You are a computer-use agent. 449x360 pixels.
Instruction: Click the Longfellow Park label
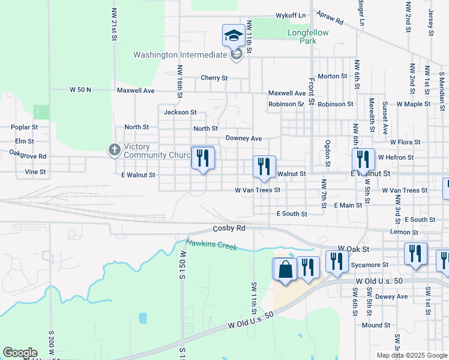tap(308, 37)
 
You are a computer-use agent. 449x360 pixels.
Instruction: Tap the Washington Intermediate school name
tap(180, 55)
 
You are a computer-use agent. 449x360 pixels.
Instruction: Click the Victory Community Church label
tap(158, 151)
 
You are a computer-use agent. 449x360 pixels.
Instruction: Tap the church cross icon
tap(114, 149)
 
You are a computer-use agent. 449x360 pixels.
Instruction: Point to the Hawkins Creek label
tap(212, 244)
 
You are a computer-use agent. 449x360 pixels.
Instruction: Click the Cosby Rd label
tap(229, 229)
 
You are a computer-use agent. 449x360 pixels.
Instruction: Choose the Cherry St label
tap(214, 78)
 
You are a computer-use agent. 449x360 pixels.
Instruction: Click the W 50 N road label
tap(80, 89)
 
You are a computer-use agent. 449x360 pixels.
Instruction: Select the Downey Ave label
tap(244, 139)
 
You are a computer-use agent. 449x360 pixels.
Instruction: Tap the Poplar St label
tap(25, 127)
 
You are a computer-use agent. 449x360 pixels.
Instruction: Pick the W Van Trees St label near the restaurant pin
tap(258, 190)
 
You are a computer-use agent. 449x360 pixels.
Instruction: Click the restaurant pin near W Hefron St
tap(363, 159)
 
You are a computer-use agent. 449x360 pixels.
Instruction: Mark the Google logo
tap(20, 353)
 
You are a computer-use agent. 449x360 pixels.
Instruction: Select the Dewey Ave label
tap(391, 296)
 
